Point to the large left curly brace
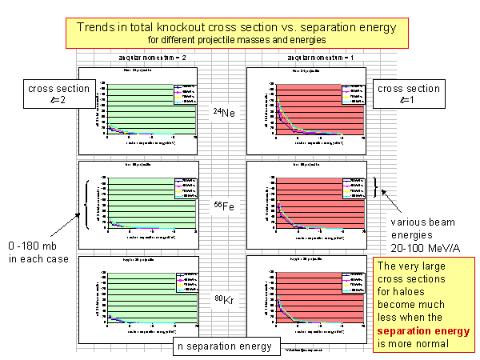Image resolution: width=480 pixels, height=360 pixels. tap(86, 205)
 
